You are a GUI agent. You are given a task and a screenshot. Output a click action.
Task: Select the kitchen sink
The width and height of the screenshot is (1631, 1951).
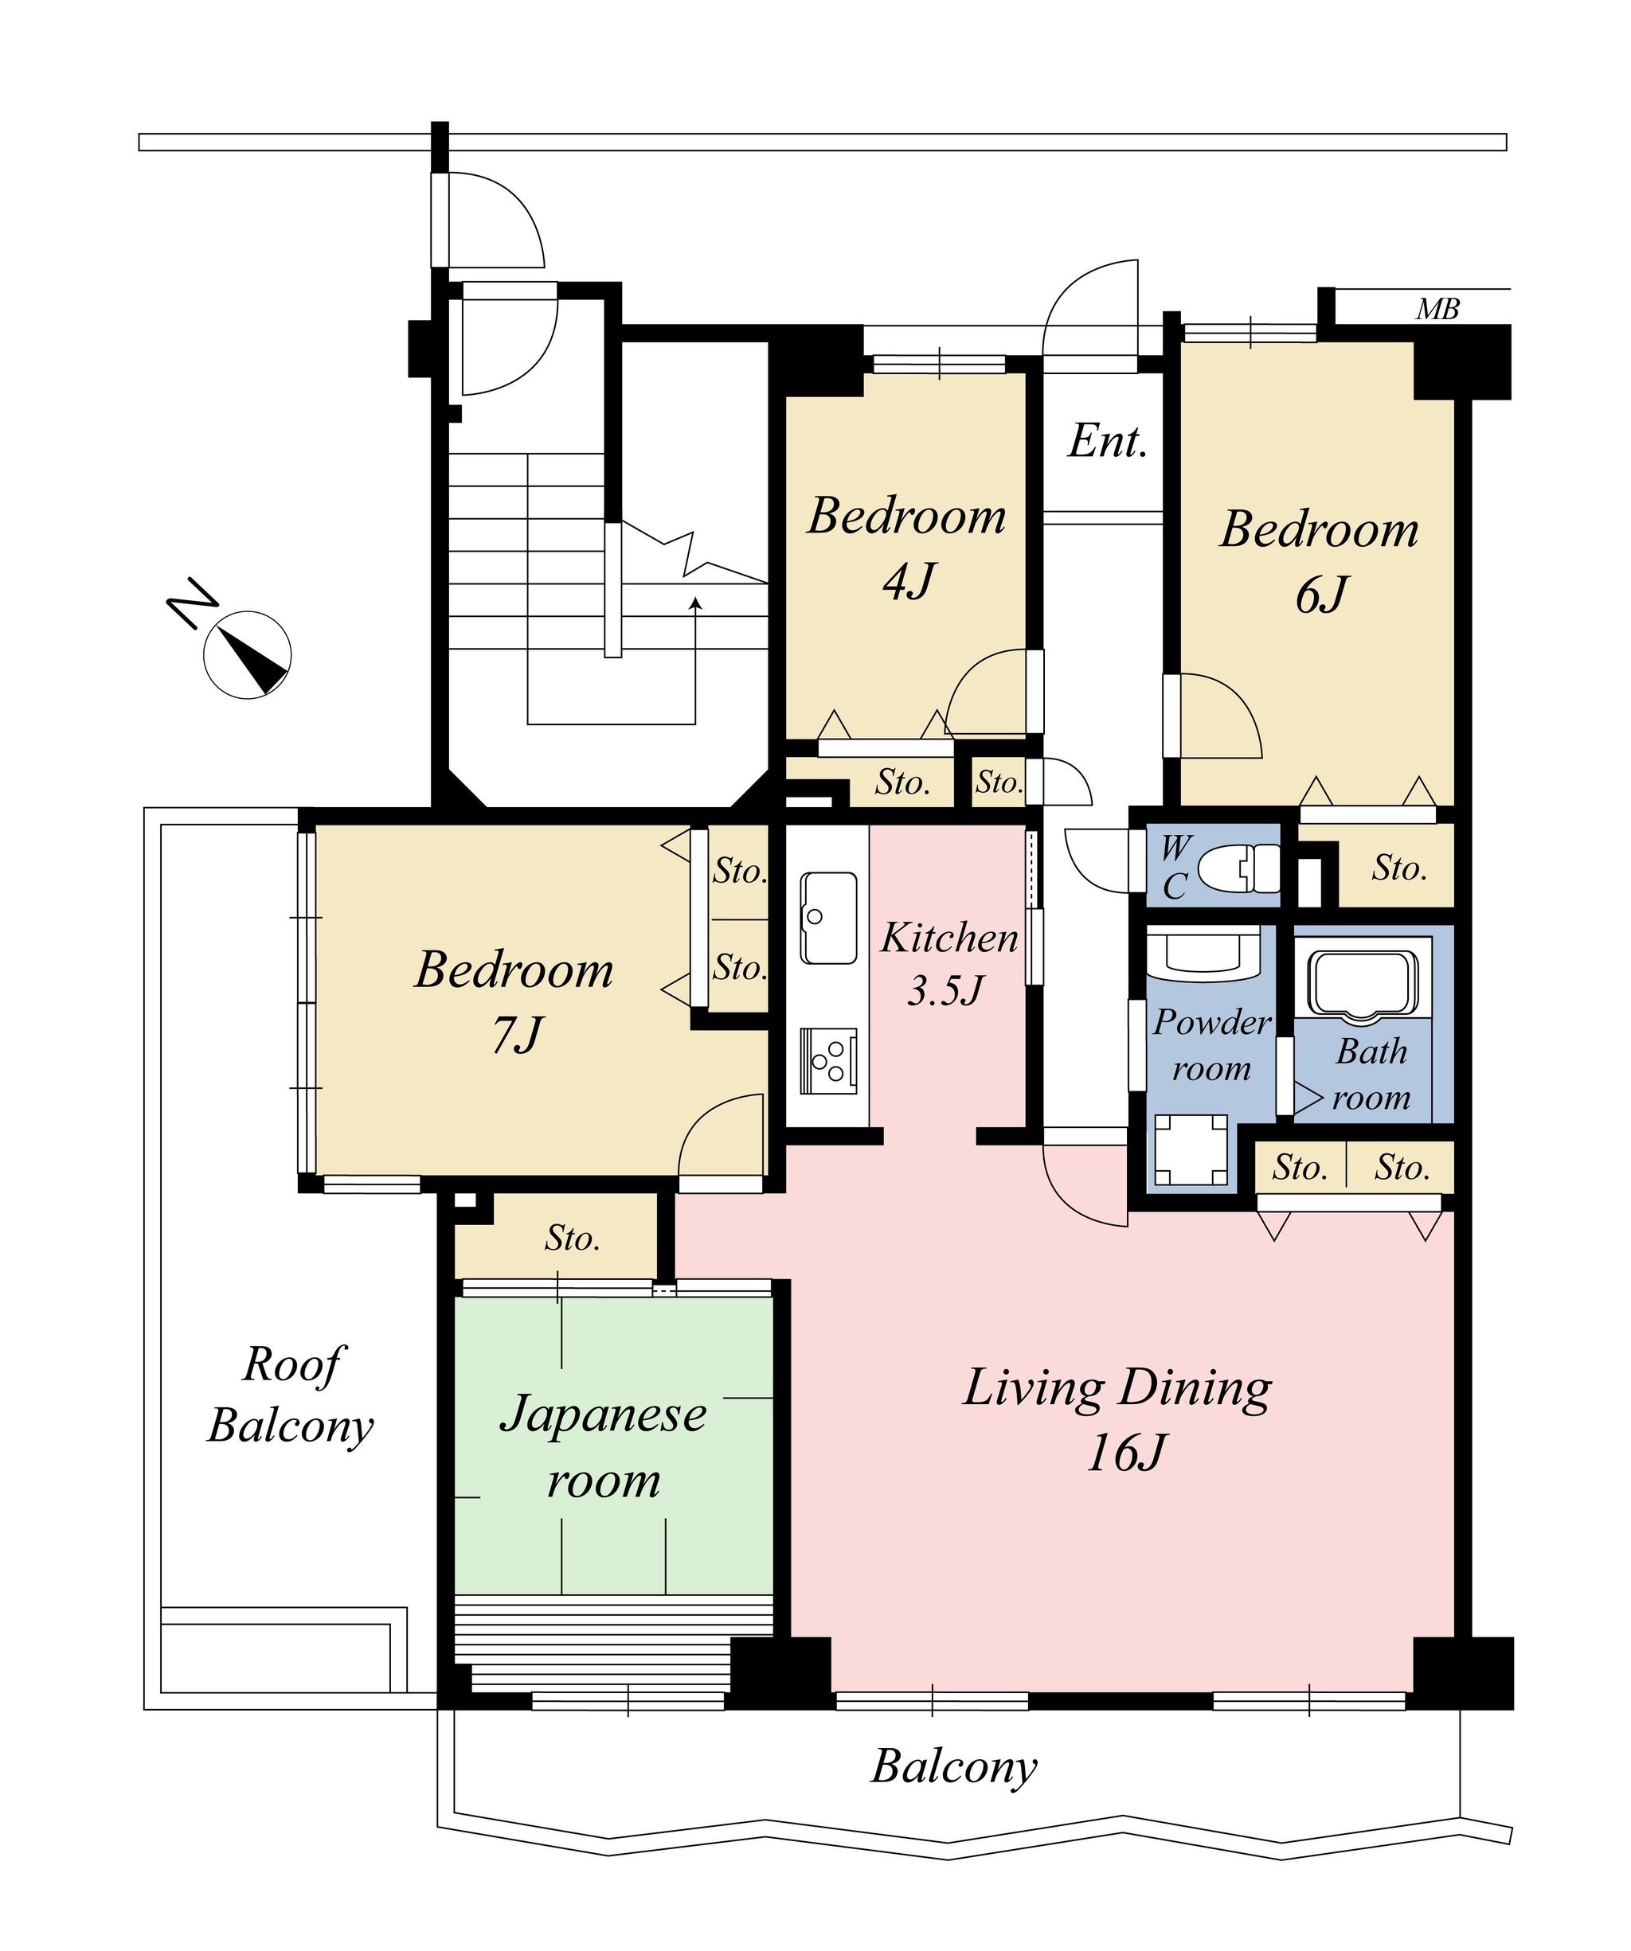pos(828,917)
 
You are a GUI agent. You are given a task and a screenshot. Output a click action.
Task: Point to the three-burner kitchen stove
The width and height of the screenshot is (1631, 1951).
pos(828,1060)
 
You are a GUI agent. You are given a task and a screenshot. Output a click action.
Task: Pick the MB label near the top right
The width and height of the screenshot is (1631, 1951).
pos(1437,310)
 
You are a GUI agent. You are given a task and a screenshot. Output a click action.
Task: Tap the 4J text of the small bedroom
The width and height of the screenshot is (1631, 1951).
pos(908,583)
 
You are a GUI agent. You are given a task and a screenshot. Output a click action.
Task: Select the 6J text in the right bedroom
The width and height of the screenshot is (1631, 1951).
pos(1320,595)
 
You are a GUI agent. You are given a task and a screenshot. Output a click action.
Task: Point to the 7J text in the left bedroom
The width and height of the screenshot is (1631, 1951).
pos(517,1034)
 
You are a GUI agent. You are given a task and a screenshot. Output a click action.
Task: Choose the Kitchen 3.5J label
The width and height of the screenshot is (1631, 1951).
pos(948,963)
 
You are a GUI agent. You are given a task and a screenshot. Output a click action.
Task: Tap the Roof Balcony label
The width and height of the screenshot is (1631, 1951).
pos(290,1394)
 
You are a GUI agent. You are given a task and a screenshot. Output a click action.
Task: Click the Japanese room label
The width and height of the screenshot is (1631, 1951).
pos(603,1446)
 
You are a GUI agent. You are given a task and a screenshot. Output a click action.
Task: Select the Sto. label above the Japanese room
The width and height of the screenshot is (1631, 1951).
pos(573,1239)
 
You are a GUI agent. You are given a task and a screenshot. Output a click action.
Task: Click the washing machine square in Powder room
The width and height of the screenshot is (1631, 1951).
pos(1191,1150)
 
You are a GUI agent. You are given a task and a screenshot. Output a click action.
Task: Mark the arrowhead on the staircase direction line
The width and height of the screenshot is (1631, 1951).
pos(695,603)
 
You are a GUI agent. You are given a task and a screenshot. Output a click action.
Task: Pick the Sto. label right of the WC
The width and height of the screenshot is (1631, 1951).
pos(1398,868)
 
